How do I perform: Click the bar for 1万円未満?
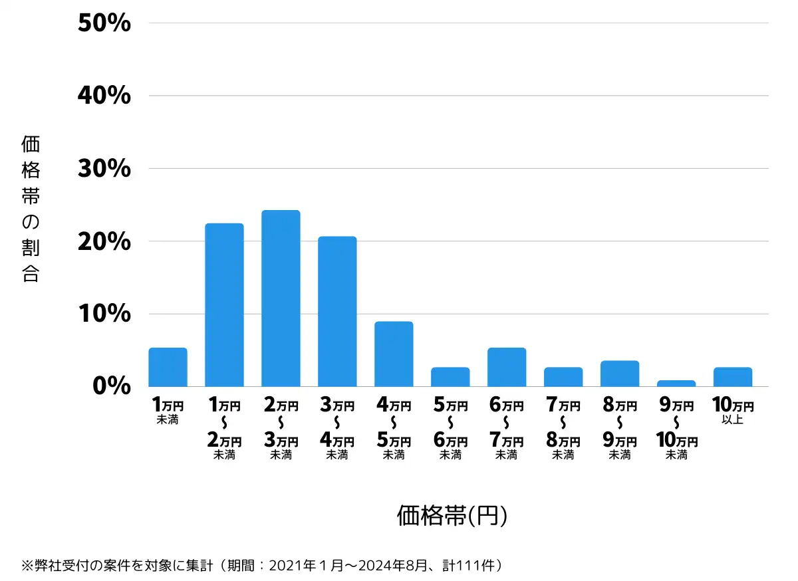pos(168,367)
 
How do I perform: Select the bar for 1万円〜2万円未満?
pos(224,305)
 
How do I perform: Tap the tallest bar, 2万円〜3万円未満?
pos(281,298)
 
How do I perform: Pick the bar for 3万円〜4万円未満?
pos(337,312)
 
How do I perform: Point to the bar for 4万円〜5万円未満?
pos(394,354)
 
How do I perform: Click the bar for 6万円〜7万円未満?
pos(507,367)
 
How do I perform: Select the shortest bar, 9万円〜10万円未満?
pos(676,384)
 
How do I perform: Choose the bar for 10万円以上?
pos(733,377)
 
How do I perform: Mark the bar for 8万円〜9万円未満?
pos(620,374)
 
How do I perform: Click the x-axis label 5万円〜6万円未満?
pos(450,429)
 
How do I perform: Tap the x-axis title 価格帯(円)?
pos(452,516)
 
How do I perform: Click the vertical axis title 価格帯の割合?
pos(31,209)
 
